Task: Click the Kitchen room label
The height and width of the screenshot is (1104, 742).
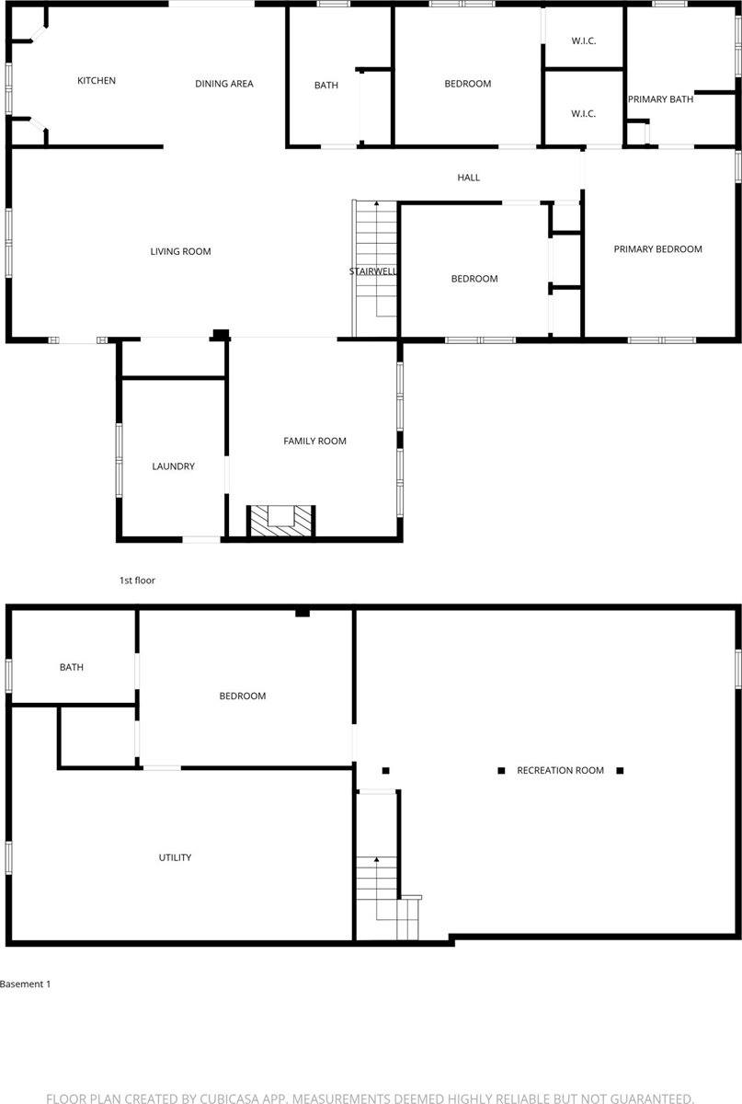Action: coord(97,81)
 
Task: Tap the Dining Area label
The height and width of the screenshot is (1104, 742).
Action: coord(224,84)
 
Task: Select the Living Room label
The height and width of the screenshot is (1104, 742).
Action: coord(181,251)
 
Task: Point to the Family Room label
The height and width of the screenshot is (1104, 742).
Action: coord(314,442)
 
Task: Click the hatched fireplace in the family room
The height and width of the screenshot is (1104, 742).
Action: coord(281,521)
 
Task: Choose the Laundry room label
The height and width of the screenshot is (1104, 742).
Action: coord(173,466)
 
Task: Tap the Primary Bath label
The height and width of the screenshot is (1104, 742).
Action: coord(660,99)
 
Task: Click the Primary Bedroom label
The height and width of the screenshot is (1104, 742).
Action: coord(657,249)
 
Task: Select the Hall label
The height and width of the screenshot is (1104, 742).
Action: coord(469,178)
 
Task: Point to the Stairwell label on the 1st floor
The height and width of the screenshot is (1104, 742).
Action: coord(373,271)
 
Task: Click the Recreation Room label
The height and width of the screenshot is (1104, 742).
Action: coord(560,770)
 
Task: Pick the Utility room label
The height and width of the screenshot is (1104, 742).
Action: coord(175,857)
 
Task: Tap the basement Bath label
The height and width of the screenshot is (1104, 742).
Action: coord(72,667)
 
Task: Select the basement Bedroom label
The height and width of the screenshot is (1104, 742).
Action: coord(243,696)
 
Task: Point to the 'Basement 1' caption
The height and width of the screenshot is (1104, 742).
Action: coord(25,983)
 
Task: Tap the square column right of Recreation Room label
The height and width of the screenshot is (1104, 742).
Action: coord(620,770)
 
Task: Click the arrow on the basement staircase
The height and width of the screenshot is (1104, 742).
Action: coord(376,861)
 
